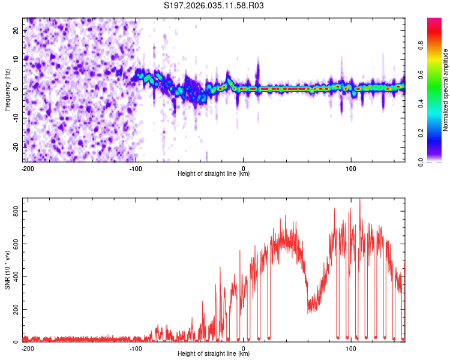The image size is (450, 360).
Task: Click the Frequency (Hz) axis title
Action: tap(7, 89)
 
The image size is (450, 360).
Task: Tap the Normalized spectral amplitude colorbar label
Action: tap(446, 91)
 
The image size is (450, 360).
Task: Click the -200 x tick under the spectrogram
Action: tap(27, 167)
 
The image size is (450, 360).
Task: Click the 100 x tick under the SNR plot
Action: tap(351, 347)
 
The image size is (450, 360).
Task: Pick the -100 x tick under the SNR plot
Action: tap(136, 347)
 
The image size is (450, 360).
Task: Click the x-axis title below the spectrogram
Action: tap(214, 174)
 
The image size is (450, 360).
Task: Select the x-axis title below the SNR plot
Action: tap(214, 354)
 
